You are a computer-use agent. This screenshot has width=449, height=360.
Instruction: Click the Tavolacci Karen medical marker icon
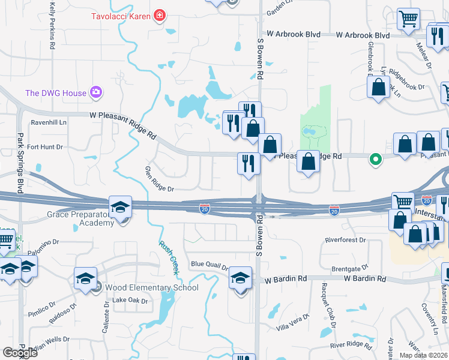click(159, 16)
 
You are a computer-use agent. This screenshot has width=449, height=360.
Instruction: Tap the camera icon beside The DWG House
click(96, 92)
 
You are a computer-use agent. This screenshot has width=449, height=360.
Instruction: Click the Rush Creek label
click(169, 257)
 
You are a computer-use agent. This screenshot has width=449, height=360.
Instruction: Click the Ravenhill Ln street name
click(49, 122)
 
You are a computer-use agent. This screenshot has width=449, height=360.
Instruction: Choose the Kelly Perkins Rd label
click(53, 25)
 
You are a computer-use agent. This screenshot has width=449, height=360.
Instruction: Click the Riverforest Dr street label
click(345, 240)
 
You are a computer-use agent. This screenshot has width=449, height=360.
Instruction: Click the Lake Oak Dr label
click(130, 301)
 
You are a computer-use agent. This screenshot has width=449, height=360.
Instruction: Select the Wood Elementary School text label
click(151, 287)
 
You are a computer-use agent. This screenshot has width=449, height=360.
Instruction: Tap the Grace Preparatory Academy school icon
click(120, 207)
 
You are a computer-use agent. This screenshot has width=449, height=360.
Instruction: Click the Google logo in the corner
click(20, 352)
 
